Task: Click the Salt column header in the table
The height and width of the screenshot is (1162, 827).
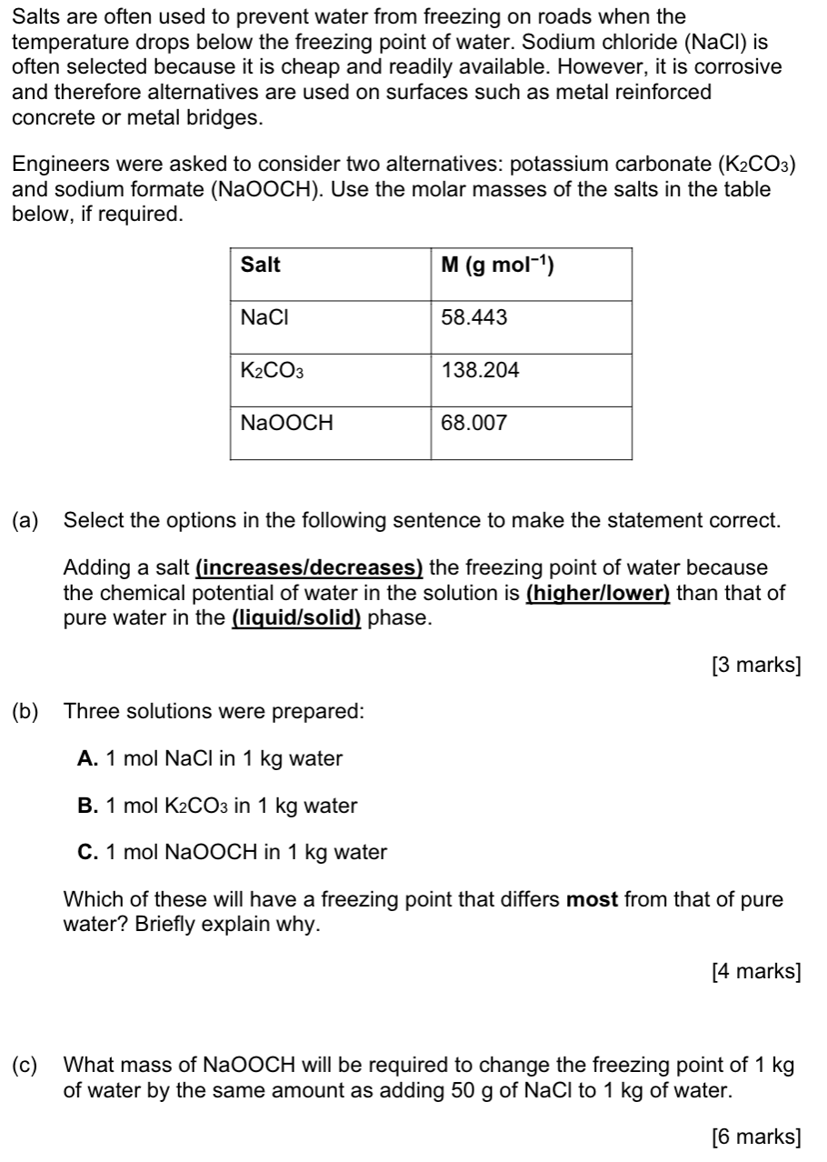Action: [x=261, y=265]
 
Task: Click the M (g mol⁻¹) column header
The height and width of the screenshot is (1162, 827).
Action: [x=497, y=265]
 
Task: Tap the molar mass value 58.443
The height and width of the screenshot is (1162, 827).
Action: [x=474, y=317]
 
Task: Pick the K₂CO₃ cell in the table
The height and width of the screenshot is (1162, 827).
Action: [x=272, y=371]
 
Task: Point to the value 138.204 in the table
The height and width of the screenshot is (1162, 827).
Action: [x=480, y=370]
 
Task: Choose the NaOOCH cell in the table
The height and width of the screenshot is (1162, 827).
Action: [x=286, y=423]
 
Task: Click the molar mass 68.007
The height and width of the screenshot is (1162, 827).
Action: [x=474, y=423]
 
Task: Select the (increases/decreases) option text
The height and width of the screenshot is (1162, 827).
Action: [x=310, y=568]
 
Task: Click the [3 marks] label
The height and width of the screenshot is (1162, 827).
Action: [x=757, y=666]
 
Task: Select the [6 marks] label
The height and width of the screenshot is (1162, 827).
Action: [x=757, y=1136]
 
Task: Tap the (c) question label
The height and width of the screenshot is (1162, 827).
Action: [x=25, y=1065]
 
